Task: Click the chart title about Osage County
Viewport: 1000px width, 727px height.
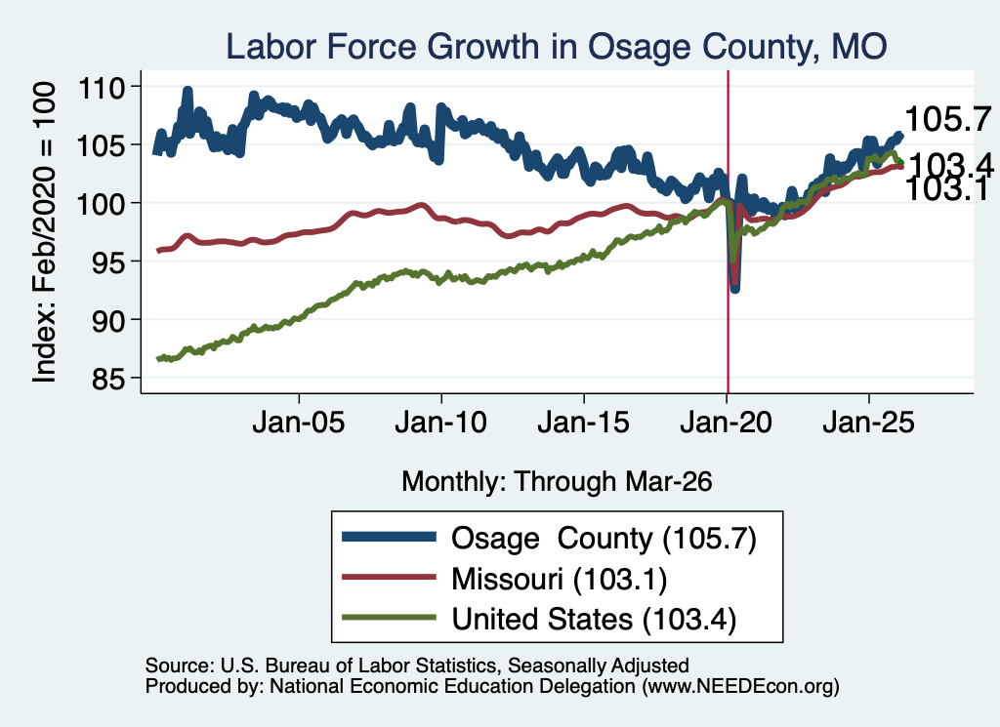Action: (x=556, y=47)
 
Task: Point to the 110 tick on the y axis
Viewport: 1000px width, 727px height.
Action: (x=101, y=87)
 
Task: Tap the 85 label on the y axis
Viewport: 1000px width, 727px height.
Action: (x=107, y=379)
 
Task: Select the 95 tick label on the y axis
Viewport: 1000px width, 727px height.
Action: (x=107, y=262)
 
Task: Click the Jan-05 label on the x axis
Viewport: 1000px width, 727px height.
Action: (x=299, y=423)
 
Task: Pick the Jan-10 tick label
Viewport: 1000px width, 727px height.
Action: (x=440, y=423)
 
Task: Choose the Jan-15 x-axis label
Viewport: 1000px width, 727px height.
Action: (x=584, y=423)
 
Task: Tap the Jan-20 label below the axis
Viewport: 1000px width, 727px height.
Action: (x=727, y=423)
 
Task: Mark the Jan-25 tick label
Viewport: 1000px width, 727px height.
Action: (x=868, y=423)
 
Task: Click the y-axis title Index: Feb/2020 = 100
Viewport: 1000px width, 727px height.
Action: (x=44, y=232)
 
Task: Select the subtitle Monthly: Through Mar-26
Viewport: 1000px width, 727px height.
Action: (x=557, y=482)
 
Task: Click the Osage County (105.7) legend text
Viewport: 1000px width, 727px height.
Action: (x=604, y=539)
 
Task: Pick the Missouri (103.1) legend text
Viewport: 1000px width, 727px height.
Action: (x=560, y=580)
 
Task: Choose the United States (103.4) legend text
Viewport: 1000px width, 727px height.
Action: (x=594, y=620)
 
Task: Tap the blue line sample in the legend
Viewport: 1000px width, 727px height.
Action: (x=389, y=537)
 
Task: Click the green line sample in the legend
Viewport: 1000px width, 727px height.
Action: (x=389, y=618)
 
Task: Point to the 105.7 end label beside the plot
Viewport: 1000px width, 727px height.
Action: (x=948, y=119)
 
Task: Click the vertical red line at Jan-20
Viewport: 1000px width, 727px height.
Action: (x=728, y=231)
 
